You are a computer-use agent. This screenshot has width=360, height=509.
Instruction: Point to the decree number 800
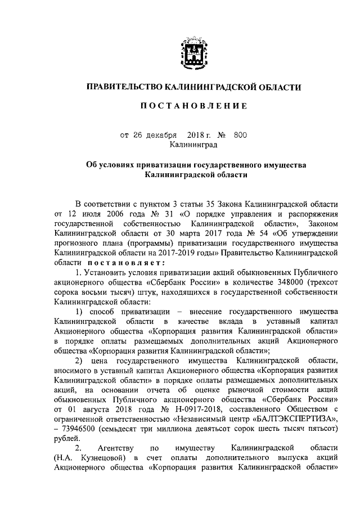coord(240,135)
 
